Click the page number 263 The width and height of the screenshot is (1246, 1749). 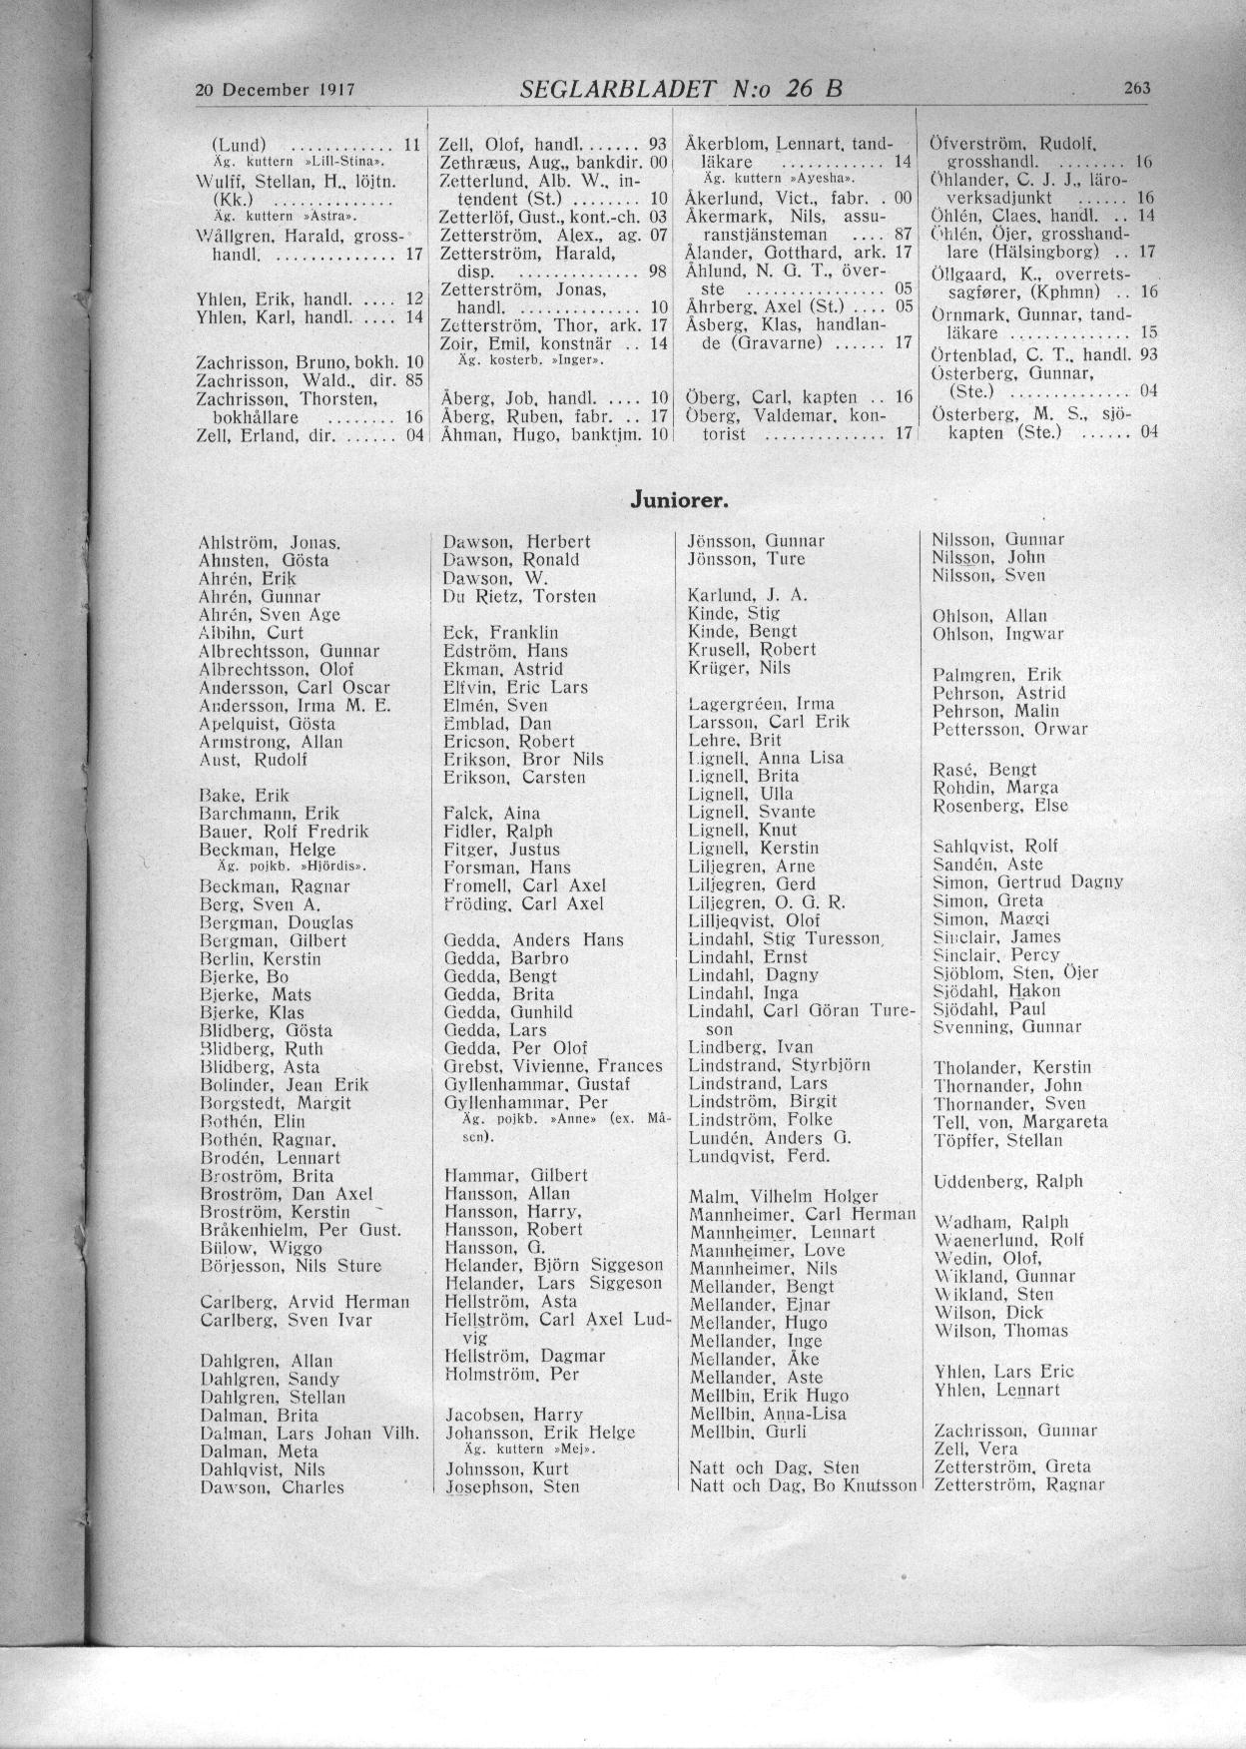tap(1137, 88)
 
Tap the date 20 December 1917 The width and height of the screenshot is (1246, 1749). tap(276, 89)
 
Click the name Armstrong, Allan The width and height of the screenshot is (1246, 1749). tap(271, 742)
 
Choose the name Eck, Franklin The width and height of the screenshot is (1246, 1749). tap(500, 633)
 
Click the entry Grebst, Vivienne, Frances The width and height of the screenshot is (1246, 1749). tap(552, 1065)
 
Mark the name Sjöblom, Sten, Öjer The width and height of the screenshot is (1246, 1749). tap(1015, 972)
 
